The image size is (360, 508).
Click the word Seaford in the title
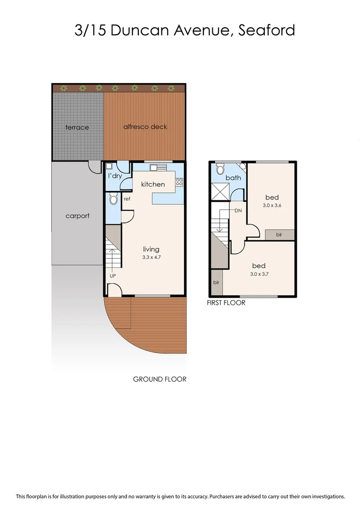[267, 30]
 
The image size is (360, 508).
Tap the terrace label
[77, 127]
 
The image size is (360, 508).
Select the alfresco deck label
[145, 127]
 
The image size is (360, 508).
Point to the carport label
[77, 216]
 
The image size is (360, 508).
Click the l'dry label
[115, 176]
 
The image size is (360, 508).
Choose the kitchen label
[153, 184]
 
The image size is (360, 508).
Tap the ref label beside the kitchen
[127, 199]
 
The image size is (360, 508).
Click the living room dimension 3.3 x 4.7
[151, 258]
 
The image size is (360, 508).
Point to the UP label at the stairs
[112, 276]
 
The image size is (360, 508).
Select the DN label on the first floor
[238, 210]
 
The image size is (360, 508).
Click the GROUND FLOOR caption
[160, 379]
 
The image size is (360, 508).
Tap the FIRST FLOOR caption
[226, 303]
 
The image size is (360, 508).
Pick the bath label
[233, 178]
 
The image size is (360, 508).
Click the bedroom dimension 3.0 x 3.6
[272, 206]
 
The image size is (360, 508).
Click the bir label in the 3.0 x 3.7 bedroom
[216, 283]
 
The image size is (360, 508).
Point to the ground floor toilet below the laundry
[113, 199]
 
